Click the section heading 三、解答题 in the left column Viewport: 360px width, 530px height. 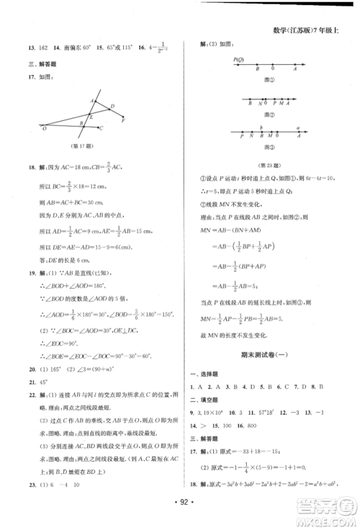pos(40,63)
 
